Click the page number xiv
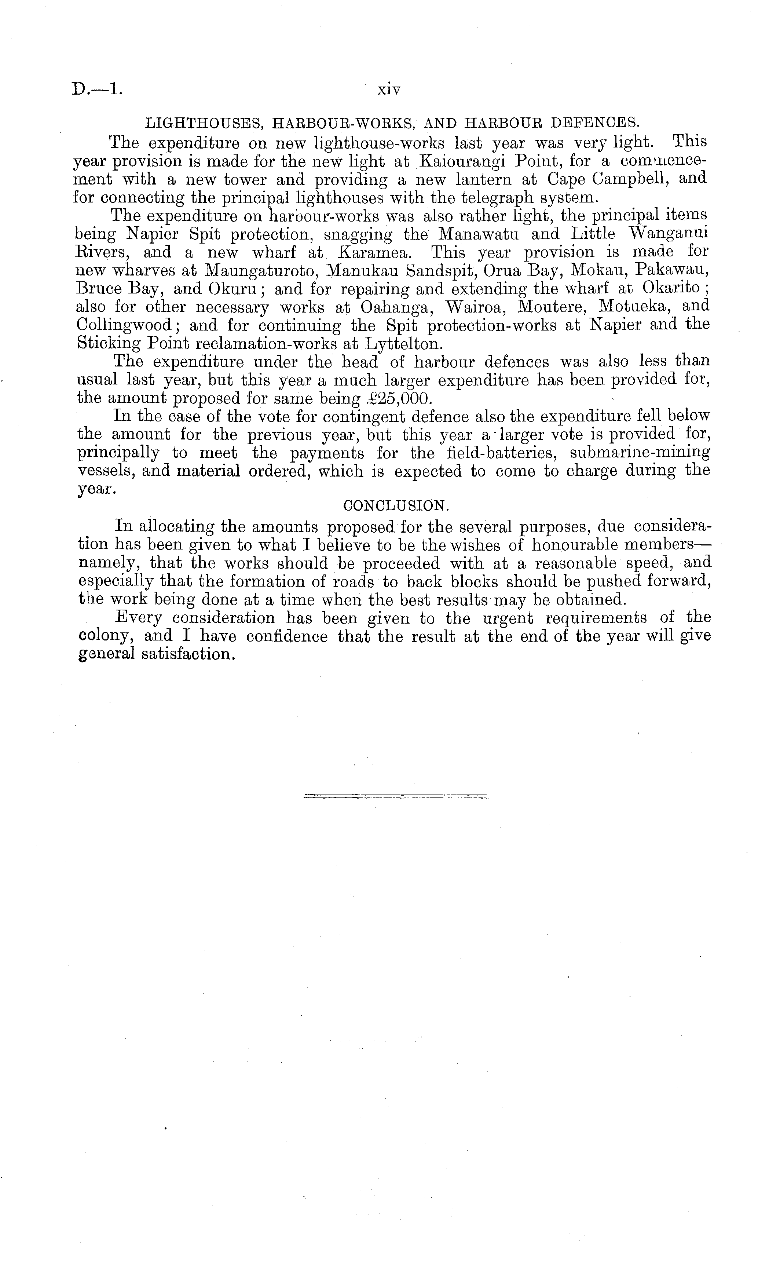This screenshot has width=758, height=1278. point(388,90)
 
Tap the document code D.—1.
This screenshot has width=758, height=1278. point(97,90)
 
